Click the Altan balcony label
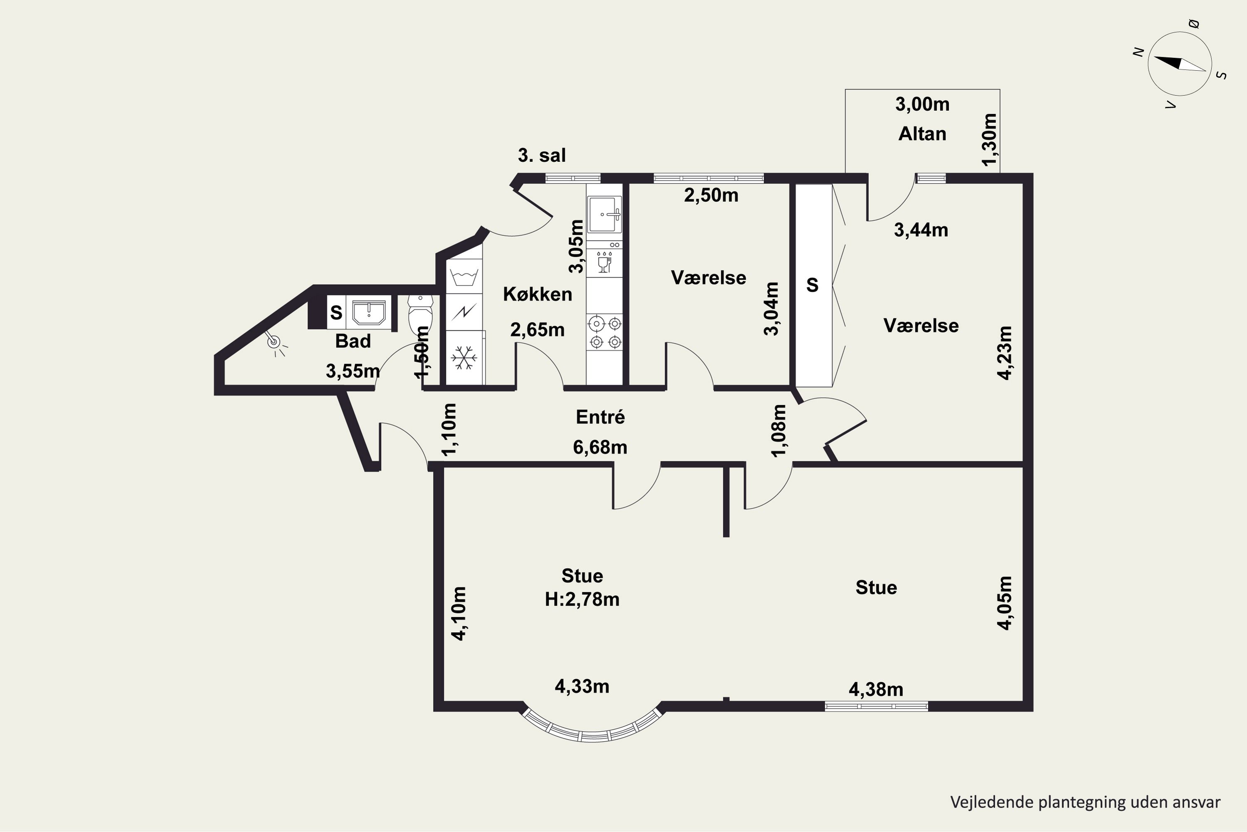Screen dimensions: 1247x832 click(x=922, y=134)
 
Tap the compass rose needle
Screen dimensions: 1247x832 click(x=1180, y=64)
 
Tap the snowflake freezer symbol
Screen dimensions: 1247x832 click(x=464, y=358)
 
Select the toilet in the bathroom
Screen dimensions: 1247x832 click(x=420, y=313)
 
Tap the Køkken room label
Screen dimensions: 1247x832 click(x=537, y=294)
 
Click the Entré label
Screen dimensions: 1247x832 click(x=600, y=417)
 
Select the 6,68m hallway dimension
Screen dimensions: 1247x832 click(x=600, y=447)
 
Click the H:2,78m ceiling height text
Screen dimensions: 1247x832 click(x=582, y=599)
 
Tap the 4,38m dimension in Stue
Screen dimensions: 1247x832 click(x=876, y=689)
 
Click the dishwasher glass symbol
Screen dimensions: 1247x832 click(x=604, y=262)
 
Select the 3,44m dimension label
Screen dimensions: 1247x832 click(x=921, y=230)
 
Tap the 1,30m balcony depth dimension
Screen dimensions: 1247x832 click(x=989, y=139)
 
